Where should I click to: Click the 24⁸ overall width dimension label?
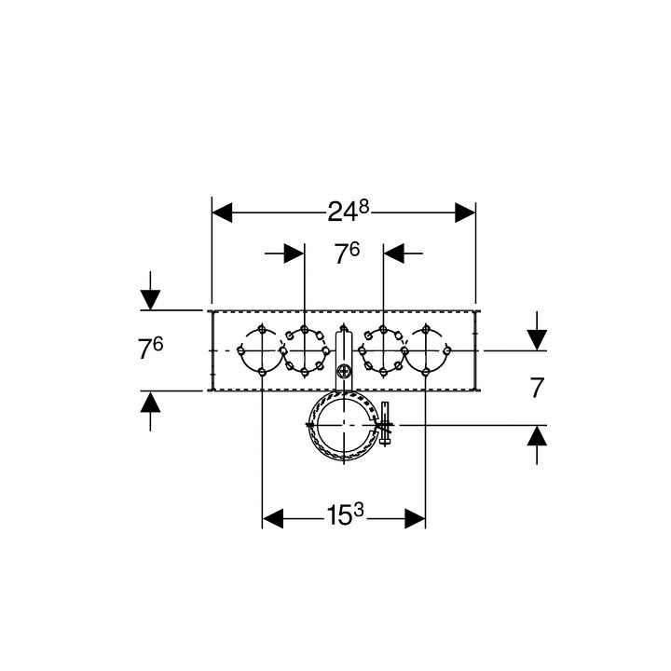(x=348, y=211)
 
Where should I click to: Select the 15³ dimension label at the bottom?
(x=345, y=514)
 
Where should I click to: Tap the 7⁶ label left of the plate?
(x=150, y=348)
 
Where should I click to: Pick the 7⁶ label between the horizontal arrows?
(x=347, y=253)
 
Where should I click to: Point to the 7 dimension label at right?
(x=537, y=388)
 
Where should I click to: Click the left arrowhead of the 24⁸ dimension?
(x=222, y=212)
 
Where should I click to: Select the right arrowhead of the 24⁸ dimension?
(x=465, y=212)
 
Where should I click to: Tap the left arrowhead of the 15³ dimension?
(x=272, y=519)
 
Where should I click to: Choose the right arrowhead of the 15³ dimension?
(x=415, y=519)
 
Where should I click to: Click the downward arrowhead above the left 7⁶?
(x=150, y=300)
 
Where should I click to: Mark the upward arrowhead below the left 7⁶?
(x=150, y=402)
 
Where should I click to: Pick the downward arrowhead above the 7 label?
(x=537, y=340)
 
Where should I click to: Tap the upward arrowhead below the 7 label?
(x=537, y=435)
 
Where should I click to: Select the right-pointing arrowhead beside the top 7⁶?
(x=294, y=253)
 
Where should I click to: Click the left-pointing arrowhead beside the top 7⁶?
(x=393, y=253)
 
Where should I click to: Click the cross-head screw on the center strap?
(x=344, y=371)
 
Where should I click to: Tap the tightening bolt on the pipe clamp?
(x=385, y=424)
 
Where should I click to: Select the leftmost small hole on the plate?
(x=241, y=351)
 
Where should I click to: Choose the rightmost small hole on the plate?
(x=447, y=351)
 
